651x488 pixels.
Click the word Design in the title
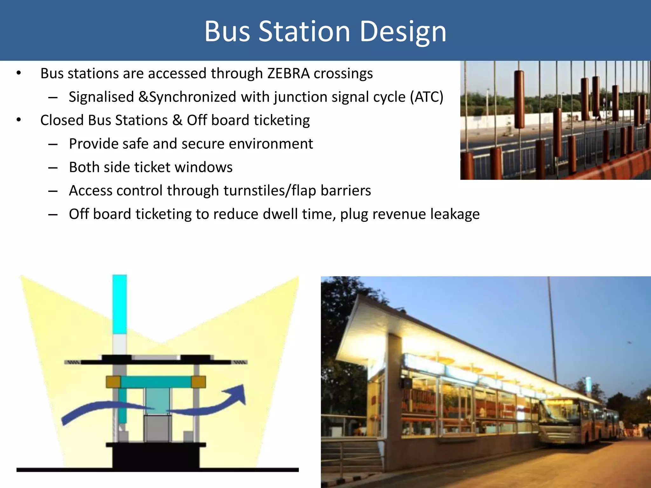[403, 32]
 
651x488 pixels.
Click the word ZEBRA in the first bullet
[288, 74]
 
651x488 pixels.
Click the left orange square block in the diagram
[113, 382]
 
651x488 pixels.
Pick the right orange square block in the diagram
[198, 382]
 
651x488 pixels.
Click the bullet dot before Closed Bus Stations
[19, 120]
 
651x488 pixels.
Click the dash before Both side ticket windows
[53, 167]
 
